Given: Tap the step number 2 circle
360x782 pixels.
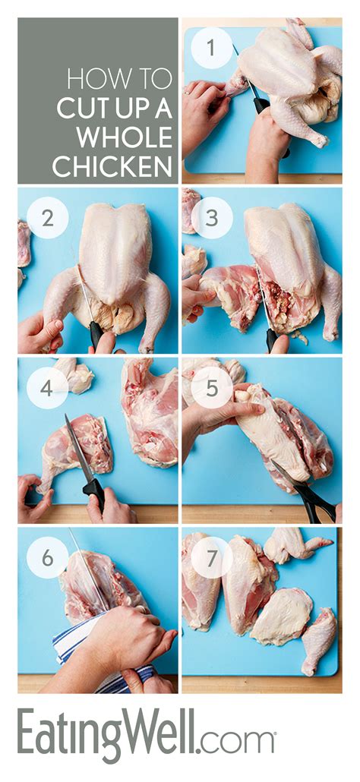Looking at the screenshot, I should click(47, 219).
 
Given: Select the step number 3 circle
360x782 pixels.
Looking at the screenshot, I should click(211, 219).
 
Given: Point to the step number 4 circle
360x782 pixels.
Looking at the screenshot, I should click(47, 388).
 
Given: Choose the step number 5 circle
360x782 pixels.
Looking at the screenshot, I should click(211, 388).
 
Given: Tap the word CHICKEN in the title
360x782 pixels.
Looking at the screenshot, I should click(114, 166).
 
